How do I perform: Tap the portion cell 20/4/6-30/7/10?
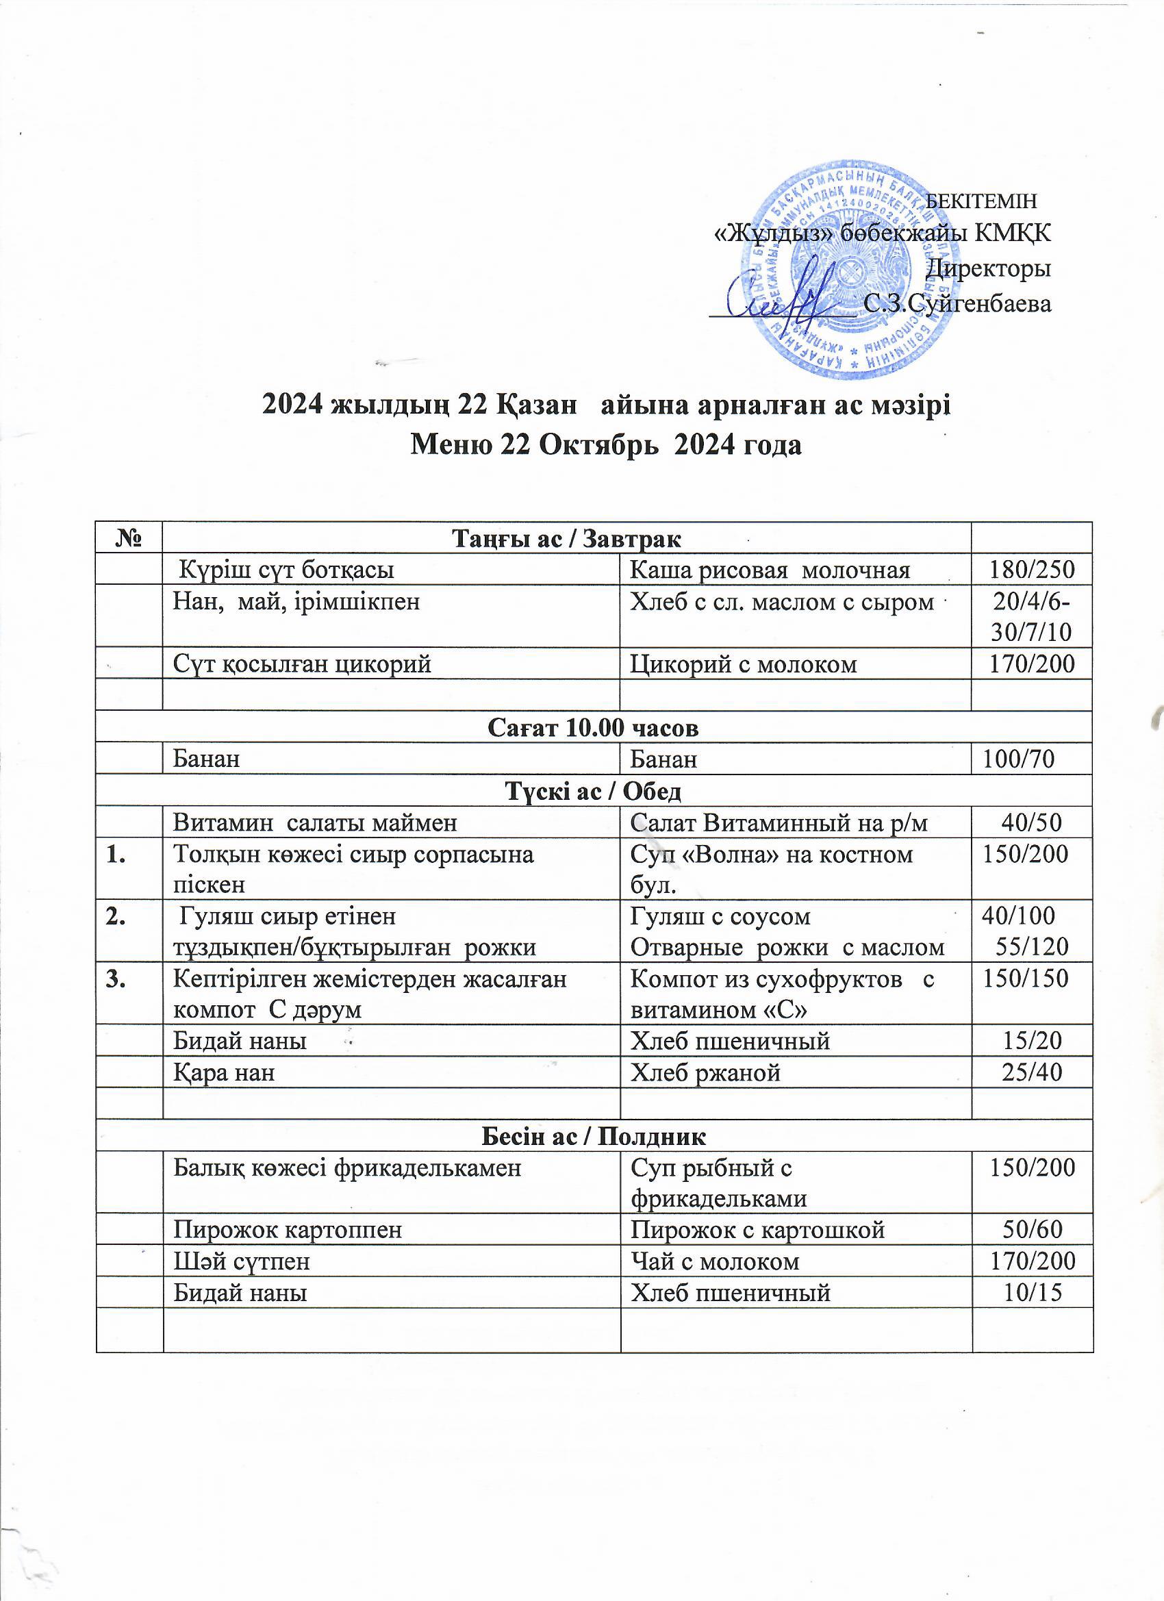coord(1032,616)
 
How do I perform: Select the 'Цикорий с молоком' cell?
coord(744,664)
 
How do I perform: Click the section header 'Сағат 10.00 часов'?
coord(594,728)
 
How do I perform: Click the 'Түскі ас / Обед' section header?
coord(594,791)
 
